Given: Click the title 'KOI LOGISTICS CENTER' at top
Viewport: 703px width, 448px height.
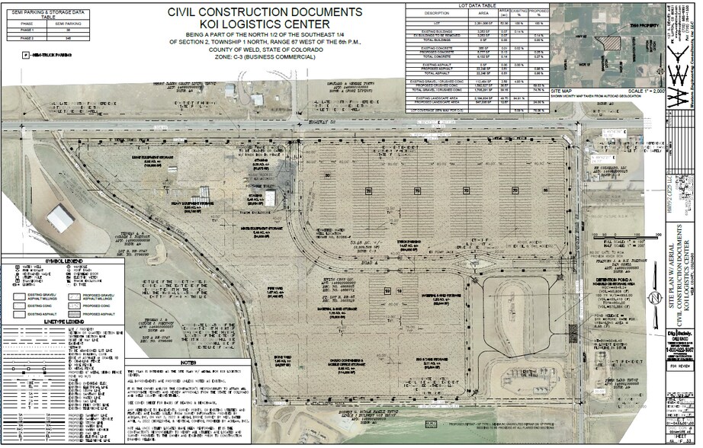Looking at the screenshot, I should pos(265,25).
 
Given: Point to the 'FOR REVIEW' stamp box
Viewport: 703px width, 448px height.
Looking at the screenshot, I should pos(663,366).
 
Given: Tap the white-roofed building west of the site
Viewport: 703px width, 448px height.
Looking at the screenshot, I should pos(60,218).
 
